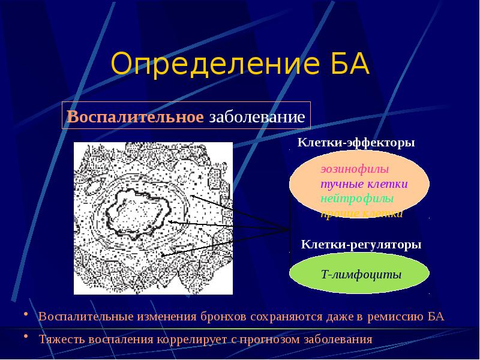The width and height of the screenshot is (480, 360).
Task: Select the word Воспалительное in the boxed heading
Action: coord(136,116)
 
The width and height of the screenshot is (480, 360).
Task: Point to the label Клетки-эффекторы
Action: coord(356,144)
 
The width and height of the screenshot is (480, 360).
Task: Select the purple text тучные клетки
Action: coord(364,184)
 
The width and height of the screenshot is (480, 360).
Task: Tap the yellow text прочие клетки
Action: coord(361,212)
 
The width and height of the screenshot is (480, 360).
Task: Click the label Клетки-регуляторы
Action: coord(361,245)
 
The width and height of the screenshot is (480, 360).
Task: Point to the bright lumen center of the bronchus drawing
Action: coord(139,213)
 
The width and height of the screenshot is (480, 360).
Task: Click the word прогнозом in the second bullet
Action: coord(270,340)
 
